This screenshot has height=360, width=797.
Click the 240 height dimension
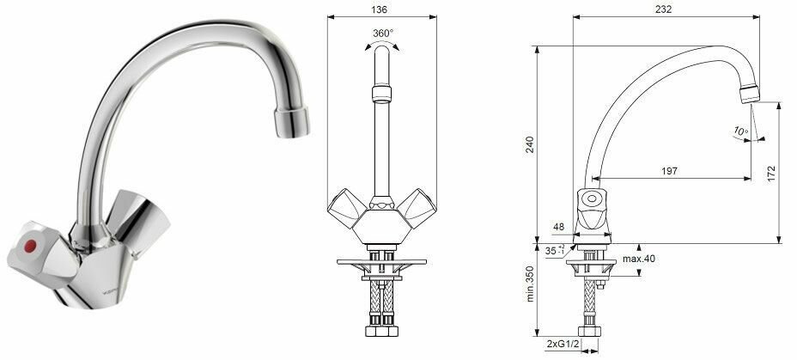(530, 147)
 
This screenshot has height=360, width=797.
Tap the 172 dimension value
(772, 173)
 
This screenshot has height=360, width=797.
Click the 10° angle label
(739, 131)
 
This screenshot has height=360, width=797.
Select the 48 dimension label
(559, 228)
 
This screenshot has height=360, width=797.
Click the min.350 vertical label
(530, 284)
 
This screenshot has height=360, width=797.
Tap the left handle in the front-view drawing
(348, 206)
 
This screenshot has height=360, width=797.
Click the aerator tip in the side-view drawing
(749, 93)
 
